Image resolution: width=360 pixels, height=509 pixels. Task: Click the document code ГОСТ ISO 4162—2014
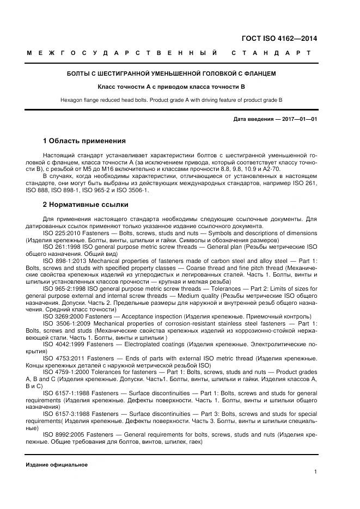279,38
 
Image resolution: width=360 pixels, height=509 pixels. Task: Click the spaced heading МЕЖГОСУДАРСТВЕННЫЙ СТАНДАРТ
168,53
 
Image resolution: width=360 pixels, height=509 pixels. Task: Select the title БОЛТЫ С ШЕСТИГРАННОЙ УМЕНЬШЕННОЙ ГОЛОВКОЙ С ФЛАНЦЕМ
171,73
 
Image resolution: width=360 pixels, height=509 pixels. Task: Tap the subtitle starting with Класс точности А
171,87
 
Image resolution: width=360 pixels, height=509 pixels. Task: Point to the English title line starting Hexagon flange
171,100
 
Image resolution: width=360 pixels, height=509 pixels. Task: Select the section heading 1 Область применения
84,140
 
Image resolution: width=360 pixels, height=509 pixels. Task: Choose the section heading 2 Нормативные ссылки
86,205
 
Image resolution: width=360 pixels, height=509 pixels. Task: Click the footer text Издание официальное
57,464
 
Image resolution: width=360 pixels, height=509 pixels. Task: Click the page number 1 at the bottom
315,472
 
